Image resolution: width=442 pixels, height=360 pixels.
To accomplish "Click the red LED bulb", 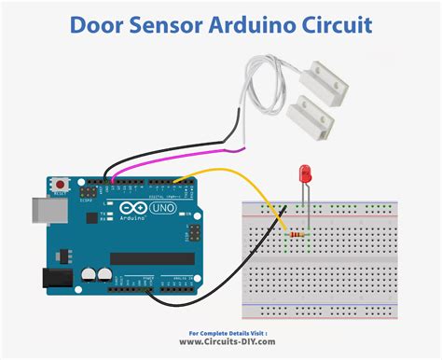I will coord(304,173).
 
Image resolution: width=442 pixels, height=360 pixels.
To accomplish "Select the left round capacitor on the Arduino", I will coord(87,275).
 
